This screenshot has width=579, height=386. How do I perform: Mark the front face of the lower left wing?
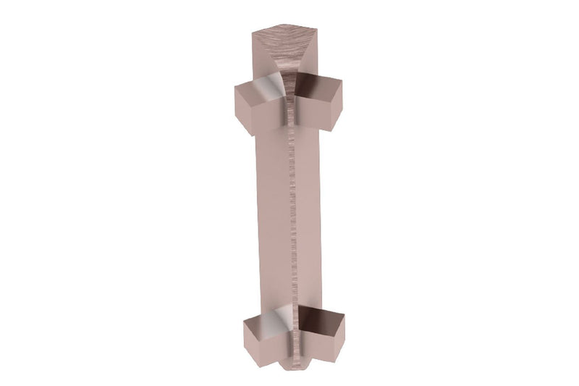pos(259,341)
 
